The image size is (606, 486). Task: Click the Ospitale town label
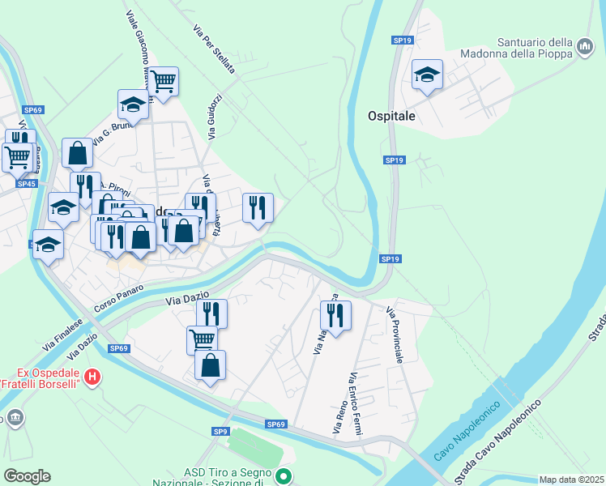click(x=392, y=116)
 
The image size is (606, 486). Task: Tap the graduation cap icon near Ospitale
click(x=427, y=75)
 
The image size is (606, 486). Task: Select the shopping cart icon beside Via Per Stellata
click(x=164, y=81)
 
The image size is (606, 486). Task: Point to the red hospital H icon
click(x=93, y=377)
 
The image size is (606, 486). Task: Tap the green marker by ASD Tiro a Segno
click(x=283, y=476)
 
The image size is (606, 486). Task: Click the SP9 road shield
click(x=220, y=432)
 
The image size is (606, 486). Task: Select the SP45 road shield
click(x=26, y=184)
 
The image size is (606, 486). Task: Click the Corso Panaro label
click(x=119, y=299)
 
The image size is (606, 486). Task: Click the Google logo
click(x=27, y=476)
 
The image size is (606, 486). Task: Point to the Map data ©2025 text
click(x=570, y=480)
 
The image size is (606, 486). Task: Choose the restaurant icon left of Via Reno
click(x=335, y=314)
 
